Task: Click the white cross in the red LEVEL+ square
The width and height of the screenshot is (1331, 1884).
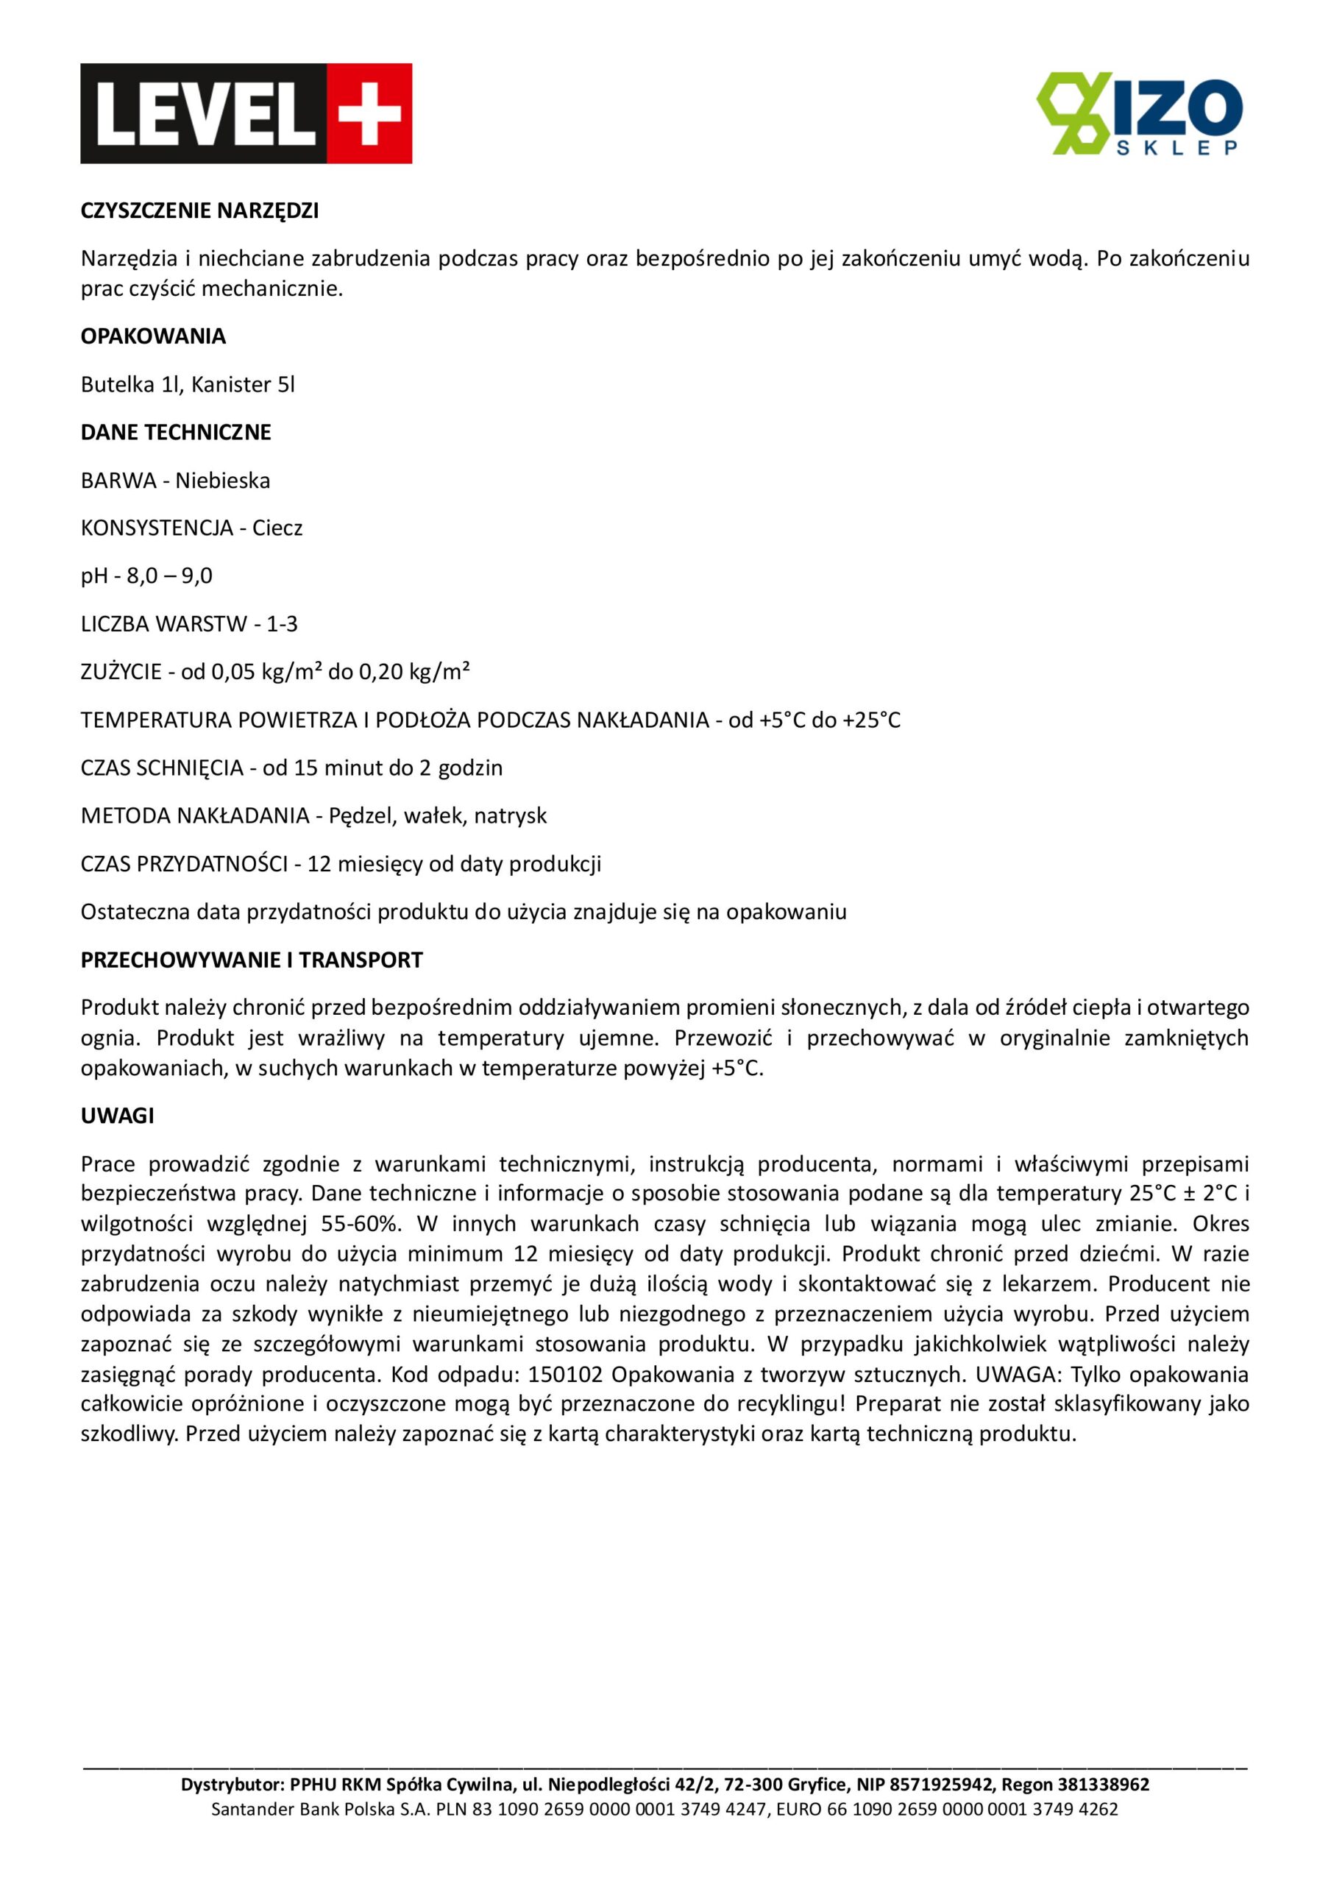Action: pyautogui.click(x=369, y=113)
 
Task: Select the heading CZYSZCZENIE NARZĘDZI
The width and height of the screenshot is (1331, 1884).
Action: pyautogui.click(x=199, y=211)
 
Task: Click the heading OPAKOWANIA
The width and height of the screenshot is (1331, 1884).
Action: pyautogui.click(x=154, y=336)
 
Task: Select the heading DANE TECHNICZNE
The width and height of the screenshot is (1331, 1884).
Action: pyautogui.click(x=176, y=433)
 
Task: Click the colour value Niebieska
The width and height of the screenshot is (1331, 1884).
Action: pyautogui.click(x=222, y=480)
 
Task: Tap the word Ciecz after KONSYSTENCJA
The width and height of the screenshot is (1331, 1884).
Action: pyautogui.click(x=277, y=528)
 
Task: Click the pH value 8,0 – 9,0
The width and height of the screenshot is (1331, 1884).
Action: pyautogui.click(x=169, y=576)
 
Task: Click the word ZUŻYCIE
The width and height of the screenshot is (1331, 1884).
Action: pyautogui.click(x=121, y=672)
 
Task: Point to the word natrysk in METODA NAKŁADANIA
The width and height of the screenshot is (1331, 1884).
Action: pyautogui.click(x=511, y=815)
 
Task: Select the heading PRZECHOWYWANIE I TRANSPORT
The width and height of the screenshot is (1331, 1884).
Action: pyautogui.click(x=251, y=960)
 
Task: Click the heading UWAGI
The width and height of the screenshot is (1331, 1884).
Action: pyautogui.click(x=117, y=1116)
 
